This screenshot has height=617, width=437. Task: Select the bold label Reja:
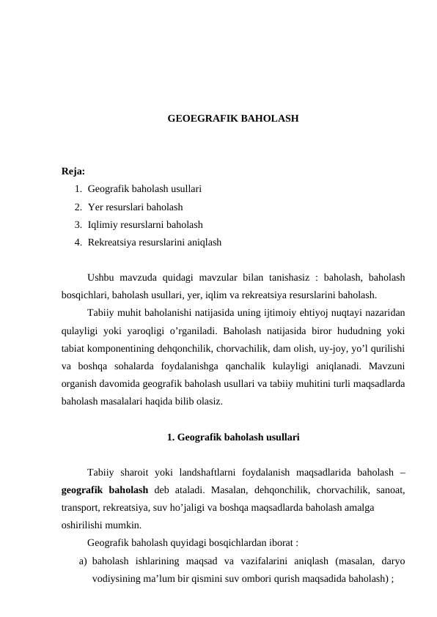coord(73,171)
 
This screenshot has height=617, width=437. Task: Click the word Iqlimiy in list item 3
coord(103,225)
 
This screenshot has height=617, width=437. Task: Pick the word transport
coord(83,508)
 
